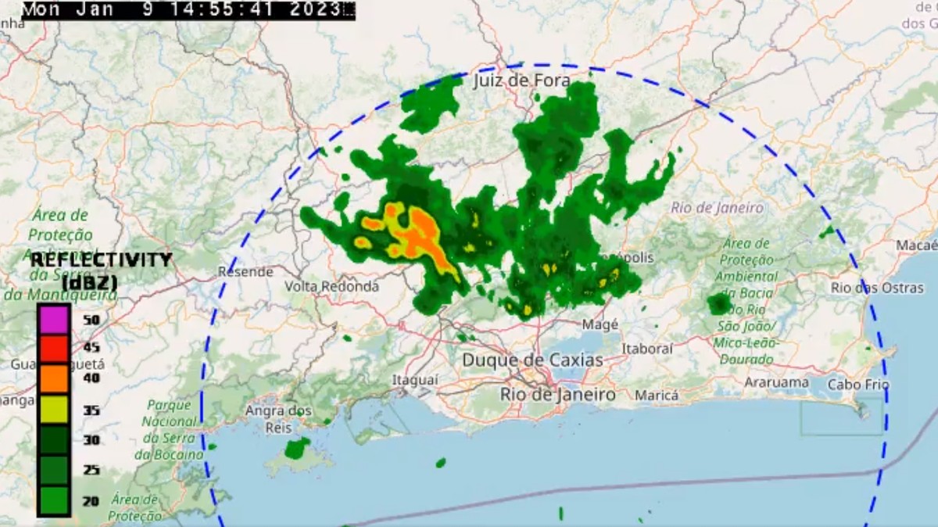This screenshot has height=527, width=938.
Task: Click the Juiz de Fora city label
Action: coord(521,81)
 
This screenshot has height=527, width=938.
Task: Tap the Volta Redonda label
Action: coord(331,286)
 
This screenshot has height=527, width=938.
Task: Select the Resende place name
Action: coord(245,272)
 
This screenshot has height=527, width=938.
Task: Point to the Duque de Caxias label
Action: coord(532,360)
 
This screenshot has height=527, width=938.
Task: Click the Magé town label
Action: coord(601,324)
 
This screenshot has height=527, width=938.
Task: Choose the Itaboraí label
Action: coord(647,348)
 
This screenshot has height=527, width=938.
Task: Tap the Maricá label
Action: coord(657,396)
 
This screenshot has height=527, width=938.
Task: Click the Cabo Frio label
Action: coord(858,385)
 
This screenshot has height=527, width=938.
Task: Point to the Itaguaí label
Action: coord(415,379)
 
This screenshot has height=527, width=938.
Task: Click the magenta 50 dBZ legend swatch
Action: coord(53,319)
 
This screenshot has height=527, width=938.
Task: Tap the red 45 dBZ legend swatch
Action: coord(53,349)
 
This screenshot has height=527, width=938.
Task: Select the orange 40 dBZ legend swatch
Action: coord(53,378)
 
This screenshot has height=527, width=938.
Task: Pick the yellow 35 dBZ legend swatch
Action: coord(53,409)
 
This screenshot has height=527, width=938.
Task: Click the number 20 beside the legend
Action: coord(91,501)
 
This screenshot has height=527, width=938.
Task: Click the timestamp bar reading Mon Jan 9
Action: coord(188,10)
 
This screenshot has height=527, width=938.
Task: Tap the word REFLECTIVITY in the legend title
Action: coord(101,260)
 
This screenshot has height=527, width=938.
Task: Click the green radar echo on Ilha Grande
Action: coord(297,448)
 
